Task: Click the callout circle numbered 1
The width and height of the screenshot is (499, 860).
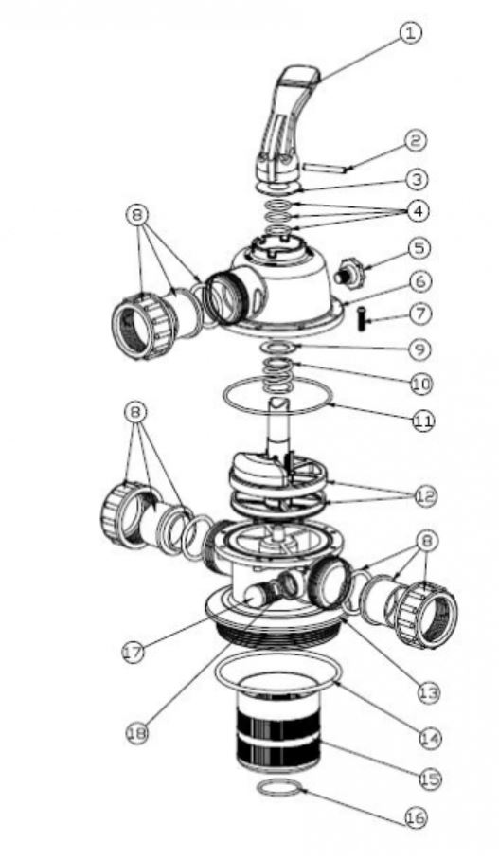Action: [408, 33]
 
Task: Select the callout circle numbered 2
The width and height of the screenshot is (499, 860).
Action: [415, 141]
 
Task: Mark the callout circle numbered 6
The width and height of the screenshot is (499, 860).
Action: [419, 281]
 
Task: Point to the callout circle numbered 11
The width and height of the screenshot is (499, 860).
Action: [422, 418]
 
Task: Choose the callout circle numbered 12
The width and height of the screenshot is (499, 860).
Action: [422, 495]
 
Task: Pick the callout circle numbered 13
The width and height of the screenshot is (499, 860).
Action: [428, 693]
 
